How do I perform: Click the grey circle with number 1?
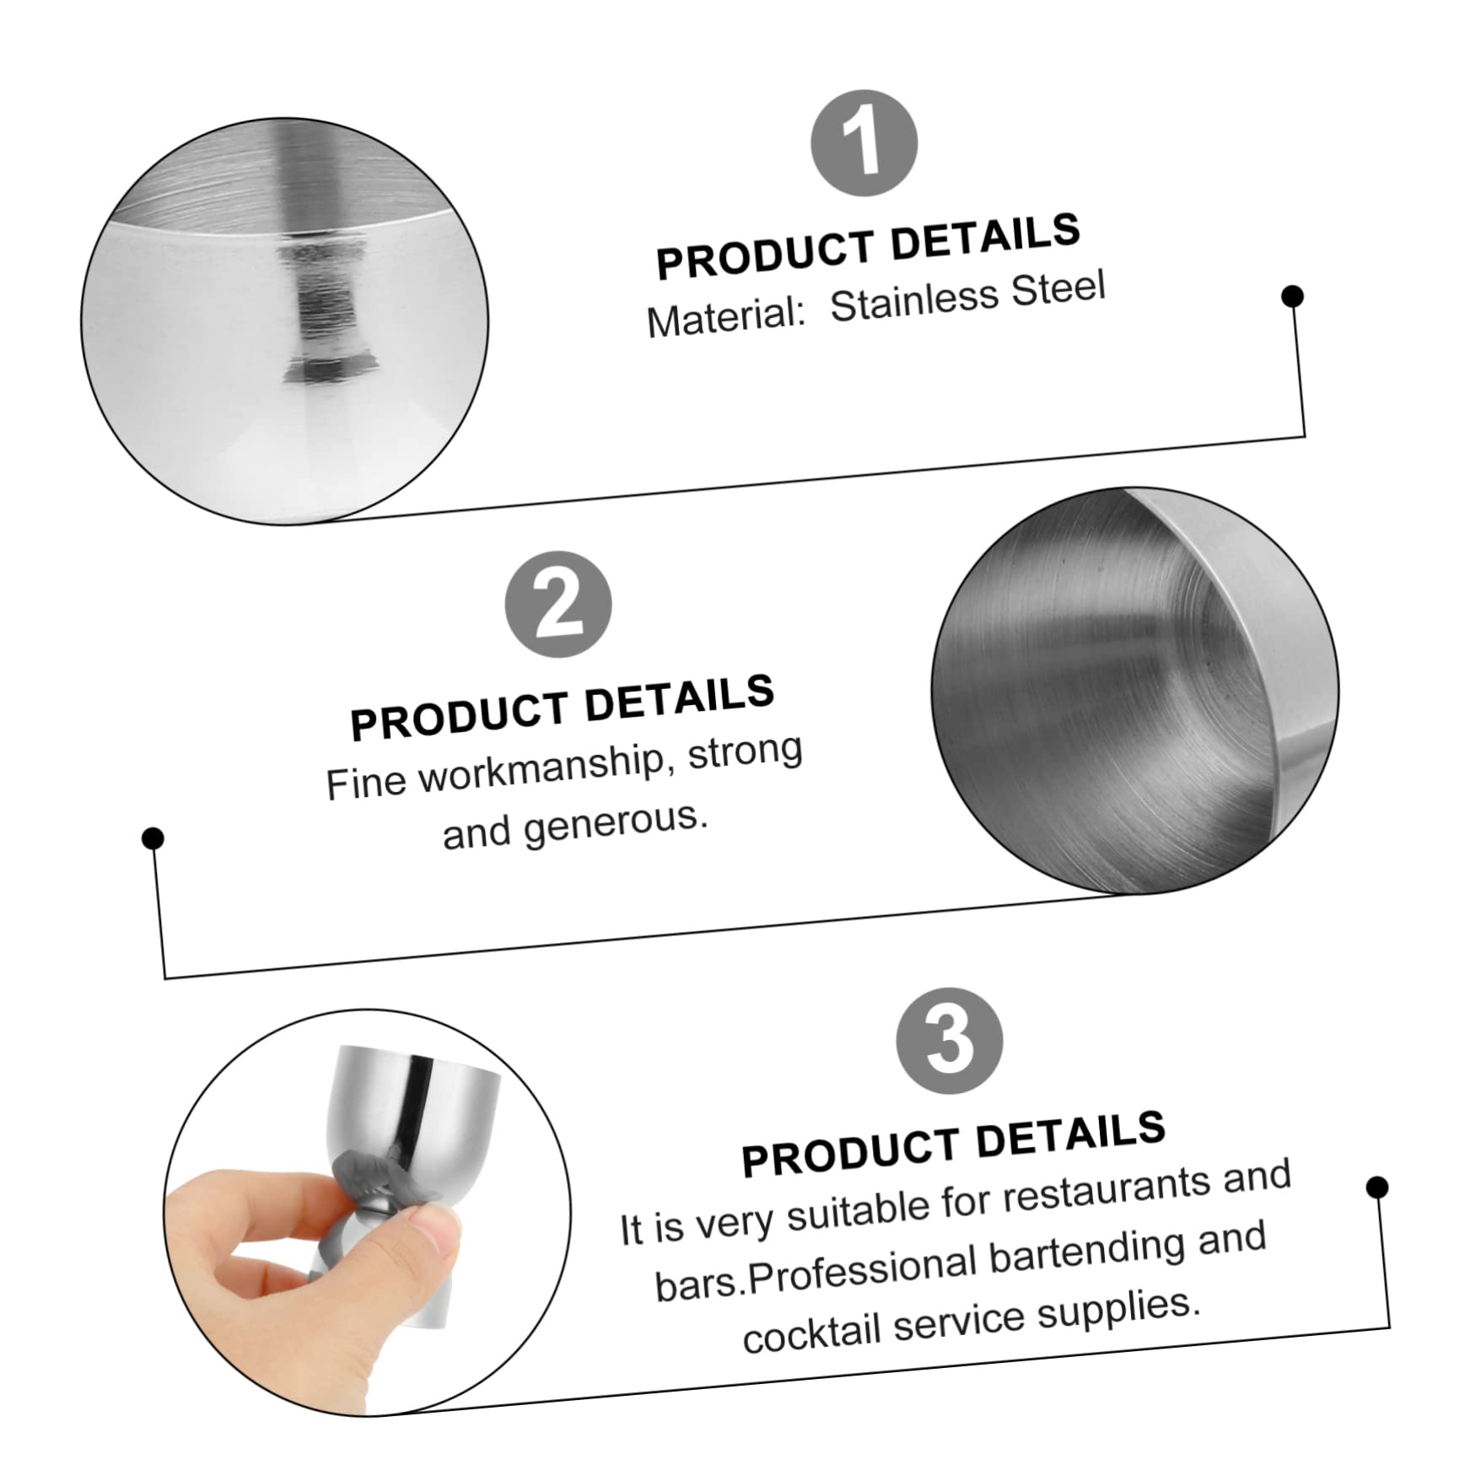[864, 143]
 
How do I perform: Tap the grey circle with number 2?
[558, 604]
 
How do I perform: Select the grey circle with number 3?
[949, 1041]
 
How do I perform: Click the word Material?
[726, 318]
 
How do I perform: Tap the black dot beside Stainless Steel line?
[1292, 296]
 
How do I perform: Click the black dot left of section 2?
[153, 838]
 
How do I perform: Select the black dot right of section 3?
[1376, 1188]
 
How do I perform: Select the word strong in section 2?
[745, 751]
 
